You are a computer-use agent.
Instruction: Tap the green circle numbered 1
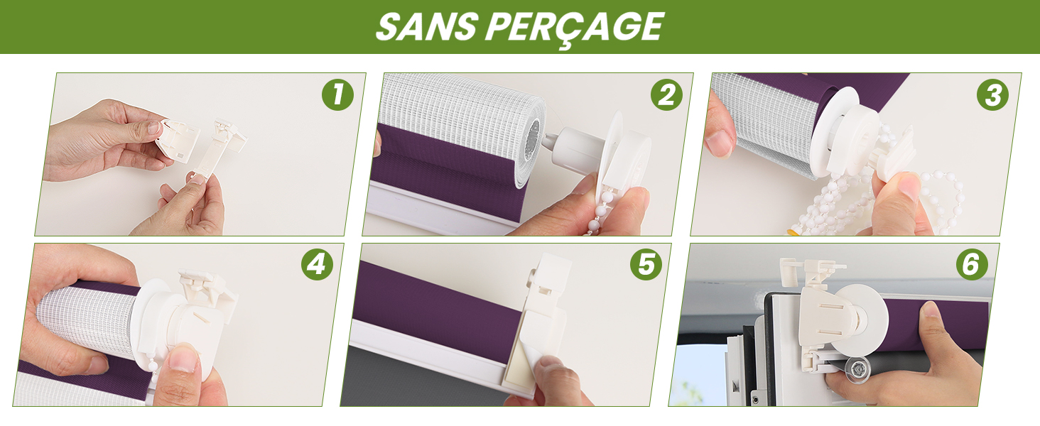(x=337, y=94)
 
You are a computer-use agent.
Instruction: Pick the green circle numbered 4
(x=317, y=265)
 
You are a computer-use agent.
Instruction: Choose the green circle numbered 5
(x=646, y=265)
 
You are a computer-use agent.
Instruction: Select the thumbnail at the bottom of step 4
(x=184, y=359)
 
